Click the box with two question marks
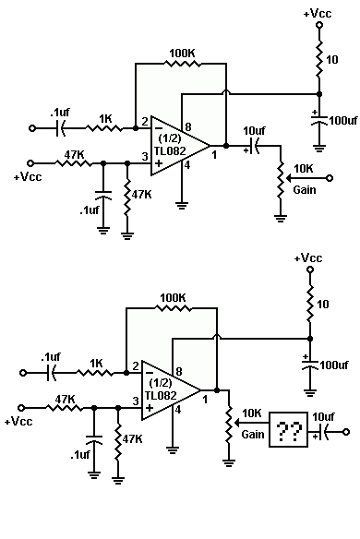(x=288, y=429)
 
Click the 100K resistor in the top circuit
(x=182, y=64)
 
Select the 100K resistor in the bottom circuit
(x=173, y=308)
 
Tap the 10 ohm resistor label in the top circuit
(x=331, y=60)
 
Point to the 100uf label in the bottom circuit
(x=334, y=365)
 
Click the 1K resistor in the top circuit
(x=103, y=128)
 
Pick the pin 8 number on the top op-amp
(x=188, y=126)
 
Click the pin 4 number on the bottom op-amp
(x=178, y=410)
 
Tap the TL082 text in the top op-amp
(x=170, y=151)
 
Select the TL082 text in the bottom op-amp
(x=161, y=395)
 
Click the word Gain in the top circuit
(x=305, y=190)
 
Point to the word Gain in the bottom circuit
(x=253, y=435)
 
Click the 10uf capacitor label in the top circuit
(x=254, y=131)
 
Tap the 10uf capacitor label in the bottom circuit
(x=323, y=417)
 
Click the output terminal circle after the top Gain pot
(x=330, y=178)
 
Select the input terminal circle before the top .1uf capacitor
(x=31, y=128)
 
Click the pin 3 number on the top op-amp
(x=145, y=156)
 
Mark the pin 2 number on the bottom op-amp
(x=136, y=365)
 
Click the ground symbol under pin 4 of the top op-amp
(x=182, y=206)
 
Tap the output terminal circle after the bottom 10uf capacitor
(x=346, y=432)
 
